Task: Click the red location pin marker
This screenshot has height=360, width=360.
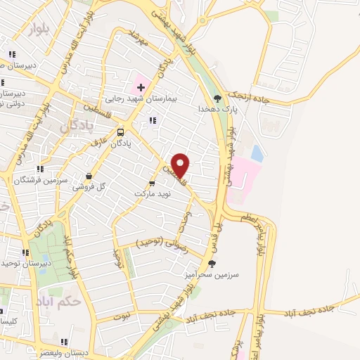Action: pyautogui.click(x=181, y=165)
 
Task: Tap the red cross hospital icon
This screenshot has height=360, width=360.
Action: pyautogui.click(x=141, y=87)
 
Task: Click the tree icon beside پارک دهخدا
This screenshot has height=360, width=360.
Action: pyautogui.click(x=217, y=98)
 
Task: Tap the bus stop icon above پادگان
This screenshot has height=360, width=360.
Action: pyautogui.click(x=121, y=131)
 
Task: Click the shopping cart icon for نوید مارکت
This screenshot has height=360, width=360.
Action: pyautogui.click(x=151, y=182)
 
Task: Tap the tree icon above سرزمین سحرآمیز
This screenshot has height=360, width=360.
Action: pyautogui.click(x=212, y=263)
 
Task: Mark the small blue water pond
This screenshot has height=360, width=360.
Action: pyautogui.click(x=257, y=153)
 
